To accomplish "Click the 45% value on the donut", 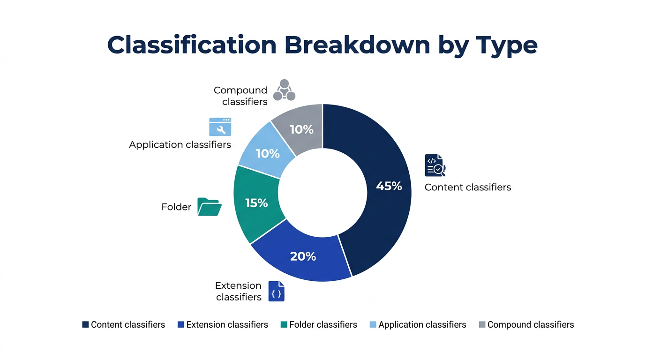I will (389, 186).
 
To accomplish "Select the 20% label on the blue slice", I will (303, 256).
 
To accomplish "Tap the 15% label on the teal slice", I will (256, 203).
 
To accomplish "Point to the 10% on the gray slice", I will (301, 129).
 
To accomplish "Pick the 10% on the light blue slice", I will (268, 153).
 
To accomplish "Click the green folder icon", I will (209, 207).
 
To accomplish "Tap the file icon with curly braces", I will (277, 291).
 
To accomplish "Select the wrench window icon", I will (220, 127).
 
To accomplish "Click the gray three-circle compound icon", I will (284, 90).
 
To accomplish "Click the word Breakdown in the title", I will (357, 45).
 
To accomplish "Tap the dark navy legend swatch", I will (85, 325).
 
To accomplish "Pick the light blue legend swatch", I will (373, 325).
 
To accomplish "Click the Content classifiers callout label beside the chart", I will (467, 187).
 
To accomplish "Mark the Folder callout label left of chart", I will (176, 207).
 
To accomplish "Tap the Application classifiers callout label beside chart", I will (180, 145).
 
